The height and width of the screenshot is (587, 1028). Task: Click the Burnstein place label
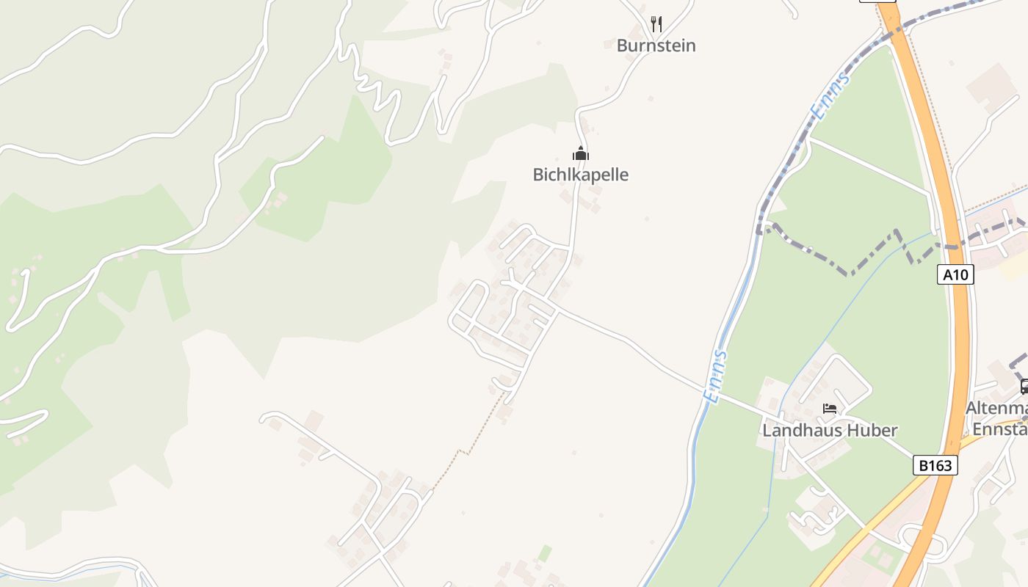tap(656, 45)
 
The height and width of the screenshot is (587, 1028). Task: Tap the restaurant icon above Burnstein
tap(656, 24)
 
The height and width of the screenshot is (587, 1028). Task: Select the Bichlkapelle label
tap(580, 175)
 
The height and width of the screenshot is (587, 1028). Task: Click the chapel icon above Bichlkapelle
tap(581, 153)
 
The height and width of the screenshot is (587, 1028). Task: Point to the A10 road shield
tap(955, 275)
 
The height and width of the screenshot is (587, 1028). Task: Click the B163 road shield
tap(935, 465)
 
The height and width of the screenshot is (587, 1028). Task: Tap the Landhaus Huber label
tap(830, 430)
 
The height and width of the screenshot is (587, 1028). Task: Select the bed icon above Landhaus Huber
tap(830, 409)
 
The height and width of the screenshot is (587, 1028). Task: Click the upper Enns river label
tap(830, 95)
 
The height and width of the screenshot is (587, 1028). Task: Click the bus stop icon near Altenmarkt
tap(1024, 386)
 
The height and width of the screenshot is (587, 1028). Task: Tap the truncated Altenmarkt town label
tap(997, 409)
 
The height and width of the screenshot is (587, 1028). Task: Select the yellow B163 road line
tap(881, 514)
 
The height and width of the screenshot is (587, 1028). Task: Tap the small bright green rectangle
tap(544, 553)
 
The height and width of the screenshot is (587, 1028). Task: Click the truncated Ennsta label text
tap(999, 429)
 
